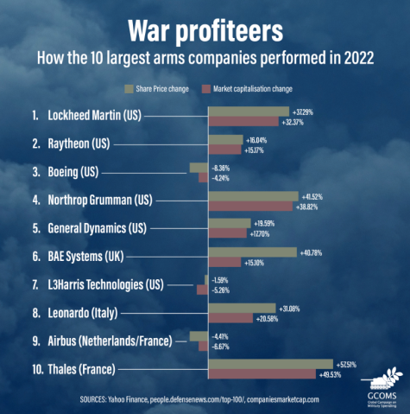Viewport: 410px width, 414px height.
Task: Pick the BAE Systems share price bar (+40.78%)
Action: [x=252, y=252]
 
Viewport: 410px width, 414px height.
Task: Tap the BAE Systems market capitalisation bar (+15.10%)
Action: [x=224, y=263]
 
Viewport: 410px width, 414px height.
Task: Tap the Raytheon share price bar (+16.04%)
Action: [x=225, y=139]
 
